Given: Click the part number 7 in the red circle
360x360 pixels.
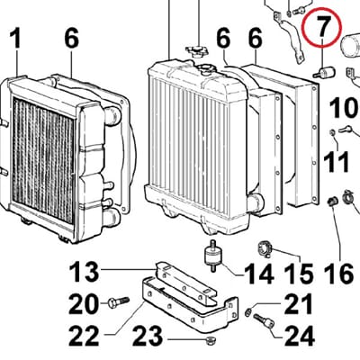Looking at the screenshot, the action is [x=321, y=26].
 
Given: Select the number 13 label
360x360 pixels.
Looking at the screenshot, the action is [x=84, y=272].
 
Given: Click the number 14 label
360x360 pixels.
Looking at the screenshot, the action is [x=259, y=274].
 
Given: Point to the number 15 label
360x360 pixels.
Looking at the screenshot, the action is [x=299, y=274].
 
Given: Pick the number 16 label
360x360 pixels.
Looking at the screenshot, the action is [x=340, y=274].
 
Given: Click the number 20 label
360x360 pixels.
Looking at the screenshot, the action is [x=84, y=304].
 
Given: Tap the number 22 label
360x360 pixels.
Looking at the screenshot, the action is [x=84, y=335].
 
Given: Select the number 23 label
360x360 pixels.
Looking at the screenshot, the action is [x=148, y=336].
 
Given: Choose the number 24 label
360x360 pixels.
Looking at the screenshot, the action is [x=299, y=336].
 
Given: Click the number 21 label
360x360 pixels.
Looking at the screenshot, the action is [x=299, y=304].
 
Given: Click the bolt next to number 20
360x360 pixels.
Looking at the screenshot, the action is [x=118, y=301].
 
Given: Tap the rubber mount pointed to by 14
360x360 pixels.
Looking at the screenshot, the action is [x=213, y=255].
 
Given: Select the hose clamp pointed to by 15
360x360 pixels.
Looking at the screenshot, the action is [x=265, y=248].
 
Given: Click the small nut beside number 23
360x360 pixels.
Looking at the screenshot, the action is [x=207, y=340].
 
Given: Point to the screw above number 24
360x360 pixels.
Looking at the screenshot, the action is [x=263, y=320].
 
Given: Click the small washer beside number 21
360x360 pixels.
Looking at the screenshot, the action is [x=248, y=311].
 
